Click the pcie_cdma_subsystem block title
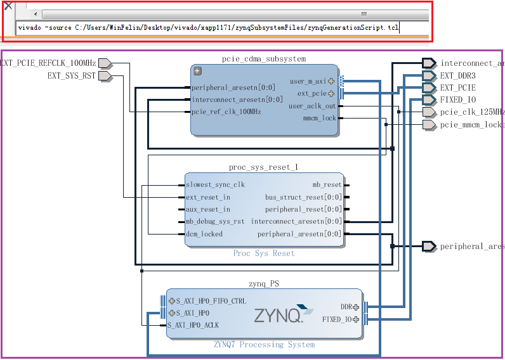click(264, 59)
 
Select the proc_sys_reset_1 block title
click(263, 167)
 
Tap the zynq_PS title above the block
click(264, 283)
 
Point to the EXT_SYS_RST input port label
click(71, 76)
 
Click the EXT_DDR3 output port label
click(457, 75)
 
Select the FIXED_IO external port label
click(458, 100)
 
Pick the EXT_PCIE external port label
click(457, 88)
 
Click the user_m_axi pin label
click(307, 82)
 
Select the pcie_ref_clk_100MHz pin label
click(226, 112)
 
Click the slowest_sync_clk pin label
click(215, 185)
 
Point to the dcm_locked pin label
click(204, 235)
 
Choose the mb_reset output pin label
click(327, 185)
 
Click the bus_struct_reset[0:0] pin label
click(303, 197)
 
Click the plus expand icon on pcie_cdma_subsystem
click(197, 71)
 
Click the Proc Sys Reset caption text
click(264, 254)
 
